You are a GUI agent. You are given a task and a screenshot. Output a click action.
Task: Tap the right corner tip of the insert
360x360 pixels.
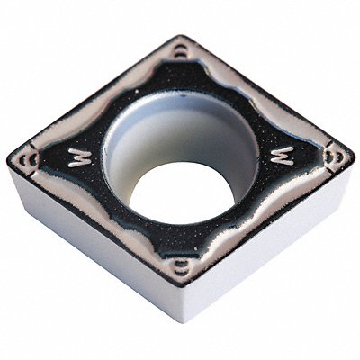[x=352, y=152]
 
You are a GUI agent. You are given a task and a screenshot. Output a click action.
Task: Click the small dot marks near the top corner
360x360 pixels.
[x=182, y=53]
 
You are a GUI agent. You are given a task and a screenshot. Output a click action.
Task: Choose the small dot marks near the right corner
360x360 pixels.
[x=337, y=154]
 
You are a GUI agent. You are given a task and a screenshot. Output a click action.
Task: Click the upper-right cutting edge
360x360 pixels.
[x=270, y=94]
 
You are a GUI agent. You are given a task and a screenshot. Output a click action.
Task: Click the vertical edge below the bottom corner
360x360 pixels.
[x=184, y=306]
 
